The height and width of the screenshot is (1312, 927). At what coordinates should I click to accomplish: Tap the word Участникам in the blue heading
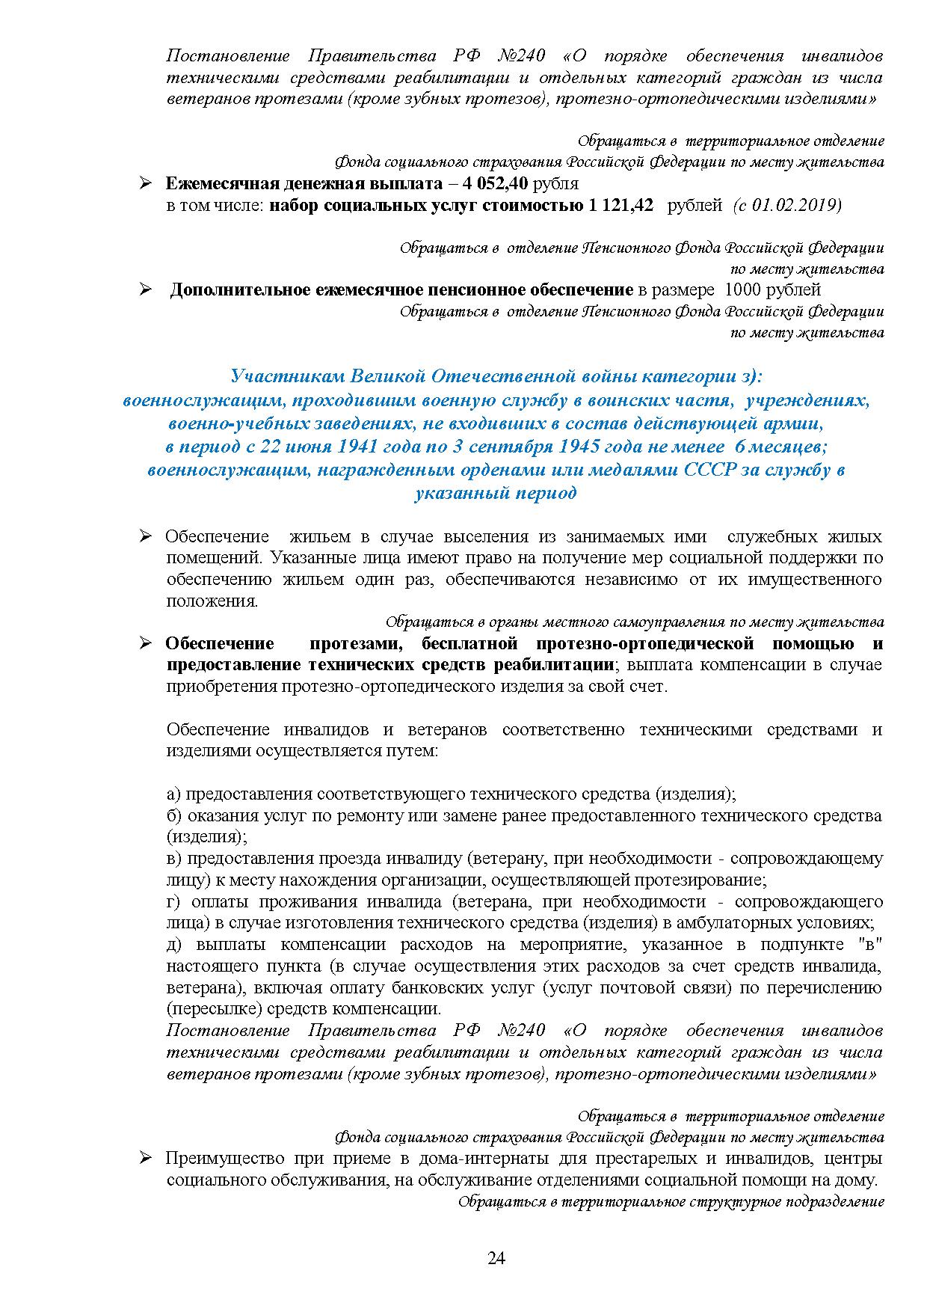[x=280, y=375]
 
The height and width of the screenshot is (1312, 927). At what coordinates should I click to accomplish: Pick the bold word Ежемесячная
[x=212, y=184]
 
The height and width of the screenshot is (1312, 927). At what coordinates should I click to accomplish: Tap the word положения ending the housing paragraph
[x=211, y=601]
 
